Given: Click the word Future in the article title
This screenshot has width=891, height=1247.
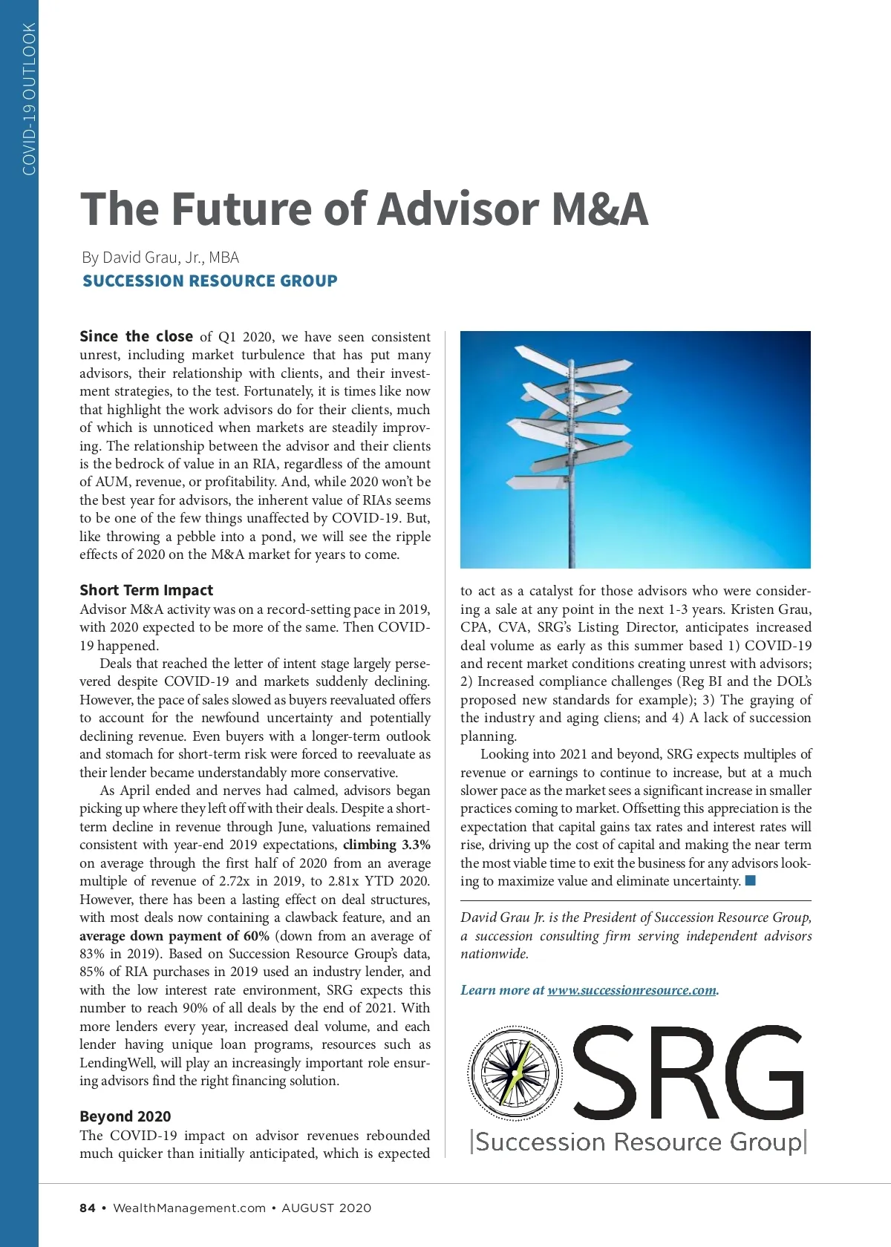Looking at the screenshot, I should point(240,209).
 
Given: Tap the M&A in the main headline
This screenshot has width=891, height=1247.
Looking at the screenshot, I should point(599,209).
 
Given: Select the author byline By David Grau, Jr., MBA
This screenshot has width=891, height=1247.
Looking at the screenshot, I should point(160,258).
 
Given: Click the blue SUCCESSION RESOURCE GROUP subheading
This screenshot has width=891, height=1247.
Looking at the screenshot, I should point(209,281).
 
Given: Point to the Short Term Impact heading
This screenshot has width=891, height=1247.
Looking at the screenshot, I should point(146,590).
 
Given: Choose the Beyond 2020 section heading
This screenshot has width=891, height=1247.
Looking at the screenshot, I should point(125,1116).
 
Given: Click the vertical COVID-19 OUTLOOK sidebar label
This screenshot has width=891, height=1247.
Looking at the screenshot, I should point(29,99).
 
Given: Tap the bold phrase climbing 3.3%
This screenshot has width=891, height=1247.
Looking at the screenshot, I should point(386,845).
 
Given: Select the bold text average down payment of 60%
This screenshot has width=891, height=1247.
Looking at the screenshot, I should point(174,936).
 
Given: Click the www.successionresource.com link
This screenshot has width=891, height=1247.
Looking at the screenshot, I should point(632,990).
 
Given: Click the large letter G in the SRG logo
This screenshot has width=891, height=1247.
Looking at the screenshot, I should point(757,1073).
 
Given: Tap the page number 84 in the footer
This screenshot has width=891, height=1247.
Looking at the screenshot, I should point(88,1208).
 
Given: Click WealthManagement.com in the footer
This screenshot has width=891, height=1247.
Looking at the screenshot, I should point(189,1208).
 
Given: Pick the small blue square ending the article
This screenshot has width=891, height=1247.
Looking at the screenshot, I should point(750,881).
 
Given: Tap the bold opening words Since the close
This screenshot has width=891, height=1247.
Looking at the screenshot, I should point(136,336).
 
